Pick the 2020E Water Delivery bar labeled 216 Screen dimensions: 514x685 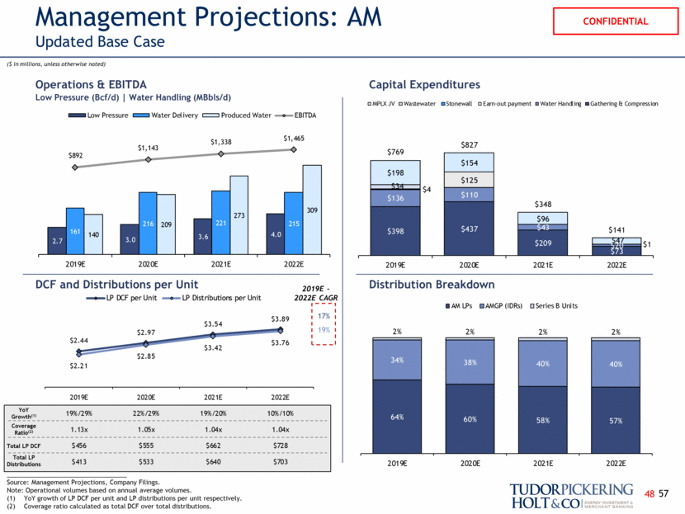[x=149, y=224]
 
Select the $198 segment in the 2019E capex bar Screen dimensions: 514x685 [x=395, y=172]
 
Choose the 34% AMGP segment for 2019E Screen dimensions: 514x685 [x=395, y=360]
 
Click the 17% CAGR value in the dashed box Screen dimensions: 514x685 [x=324, y=317]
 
